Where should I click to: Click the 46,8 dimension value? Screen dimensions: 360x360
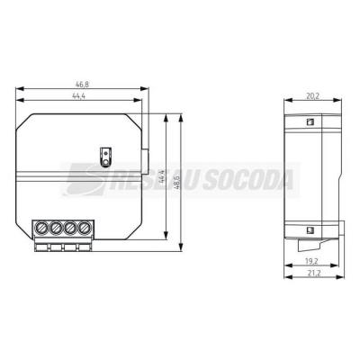(82, 85)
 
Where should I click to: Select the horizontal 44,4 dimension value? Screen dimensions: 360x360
(79, 96)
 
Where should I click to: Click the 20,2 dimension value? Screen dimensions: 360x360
(312, 95)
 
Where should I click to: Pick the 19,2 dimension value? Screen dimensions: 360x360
(311, 261)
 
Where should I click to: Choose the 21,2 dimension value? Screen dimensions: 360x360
(314, 273)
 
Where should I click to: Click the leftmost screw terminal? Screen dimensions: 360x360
(41, 229)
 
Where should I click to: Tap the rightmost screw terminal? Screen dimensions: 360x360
(85, 229)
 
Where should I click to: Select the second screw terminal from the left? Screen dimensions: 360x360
(56, 229)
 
